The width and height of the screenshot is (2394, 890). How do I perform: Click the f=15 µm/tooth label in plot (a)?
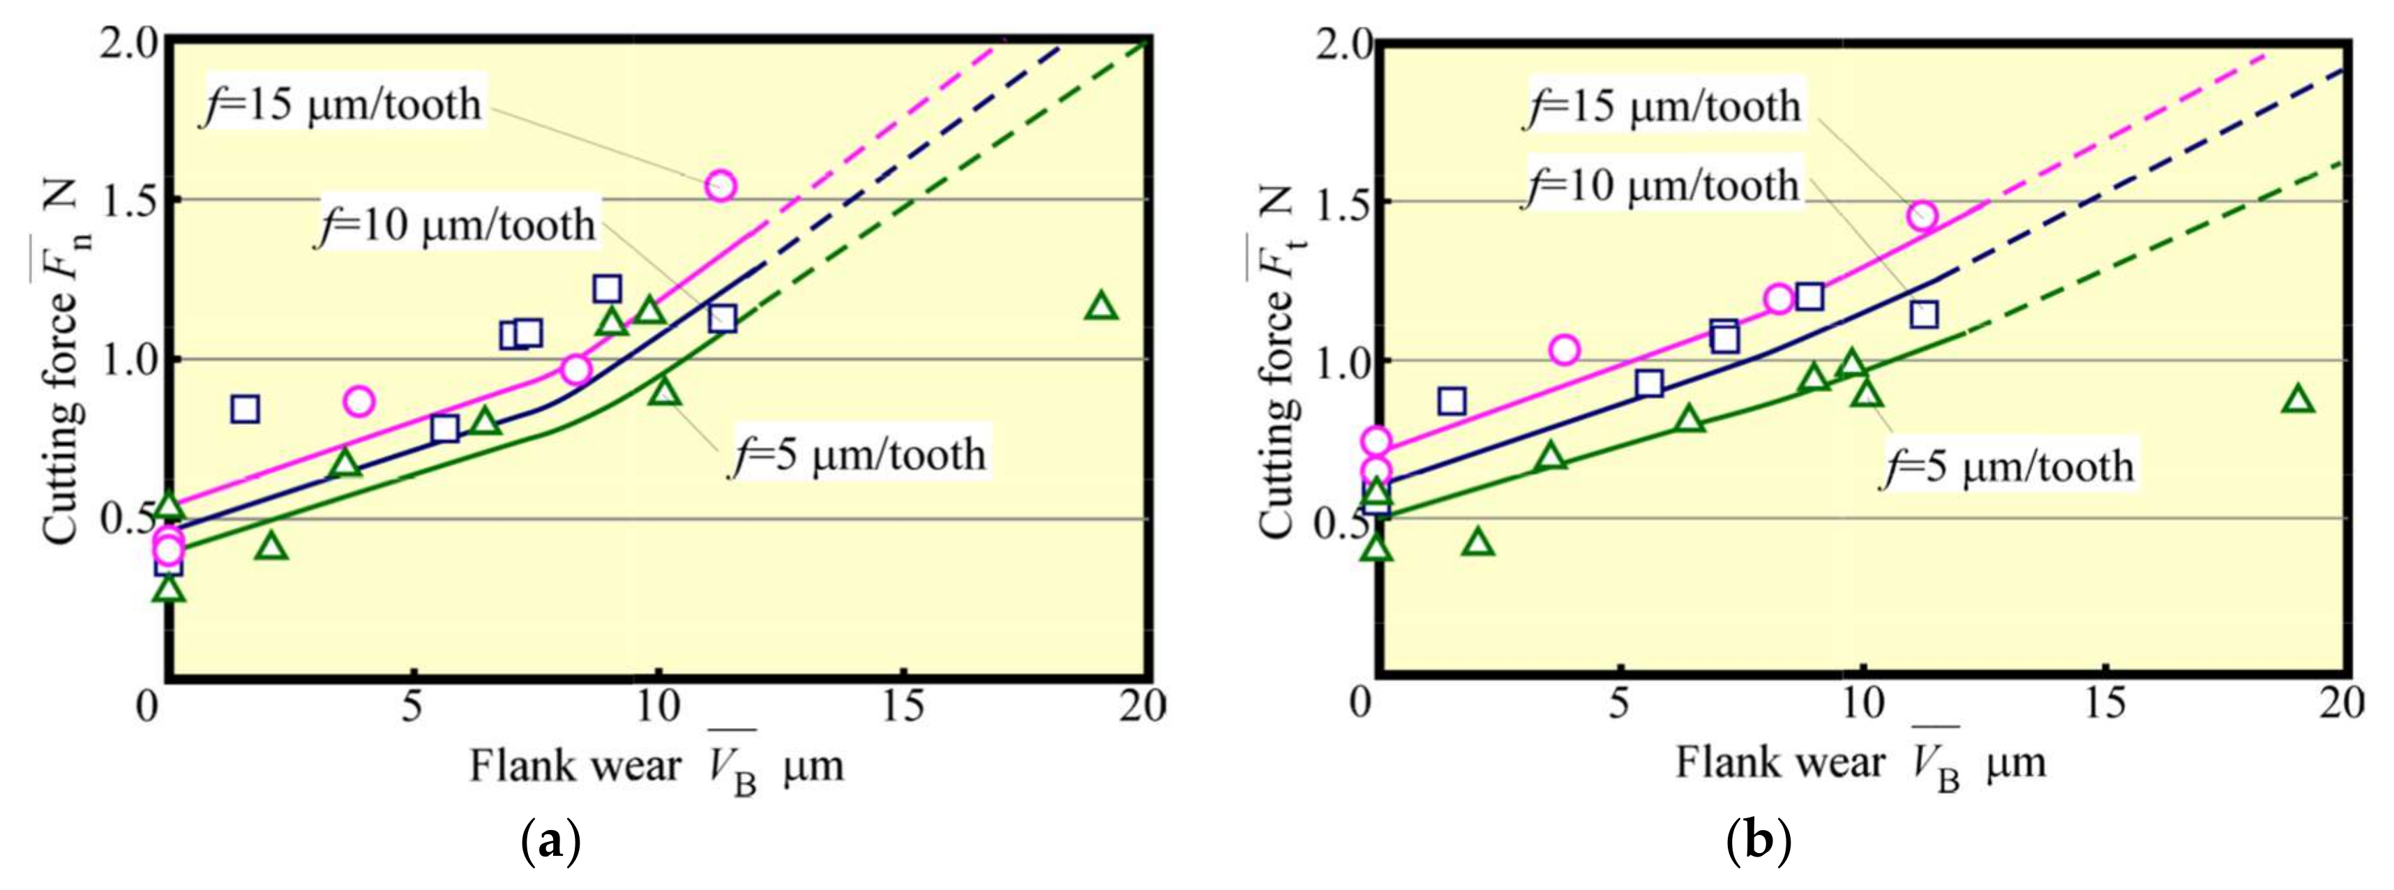coord(342,104)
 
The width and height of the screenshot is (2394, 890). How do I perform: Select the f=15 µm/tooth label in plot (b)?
coord(1662,106)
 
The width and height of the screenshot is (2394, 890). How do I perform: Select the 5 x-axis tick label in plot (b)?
coord(1620,705)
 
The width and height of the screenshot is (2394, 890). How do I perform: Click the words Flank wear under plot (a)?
coord(573,767)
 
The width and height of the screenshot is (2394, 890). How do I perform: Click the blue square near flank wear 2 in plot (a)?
coord(244,409)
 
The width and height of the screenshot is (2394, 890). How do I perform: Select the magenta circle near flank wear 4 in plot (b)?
coord(1565,350)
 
